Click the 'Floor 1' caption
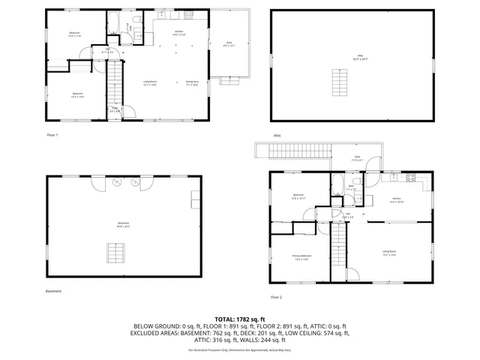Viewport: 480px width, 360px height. pos(52,135)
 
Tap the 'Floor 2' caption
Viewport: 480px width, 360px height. pos(276,297)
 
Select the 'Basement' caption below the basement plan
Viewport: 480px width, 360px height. pos(53,291)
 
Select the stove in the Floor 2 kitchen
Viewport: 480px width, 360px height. pos(410,178)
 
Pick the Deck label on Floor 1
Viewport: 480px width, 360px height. pos(228,43)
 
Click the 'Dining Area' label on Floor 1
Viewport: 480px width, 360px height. pos(192,82)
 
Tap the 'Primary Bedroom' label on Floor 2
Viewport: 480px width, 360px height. pos(301,257)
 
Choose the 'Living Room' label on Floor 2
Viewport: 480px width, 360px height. pos(388,253)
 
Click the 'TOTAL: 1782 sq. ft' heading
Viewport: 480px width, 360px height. pos(241,319)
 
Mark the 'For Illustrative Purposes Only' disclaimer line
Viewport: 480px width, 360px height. pos(241,350)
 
